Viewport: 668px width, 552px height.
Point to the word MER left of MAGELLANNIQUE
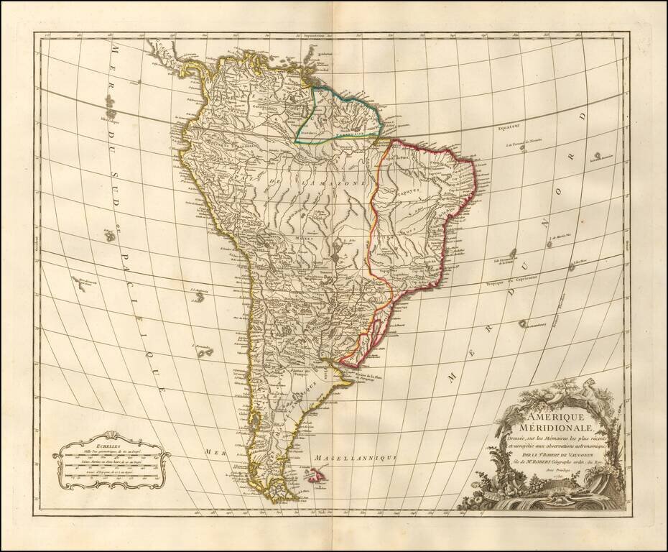pos(214,451)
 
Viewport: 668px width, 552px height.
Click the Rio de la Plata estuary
pos(338,370)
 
